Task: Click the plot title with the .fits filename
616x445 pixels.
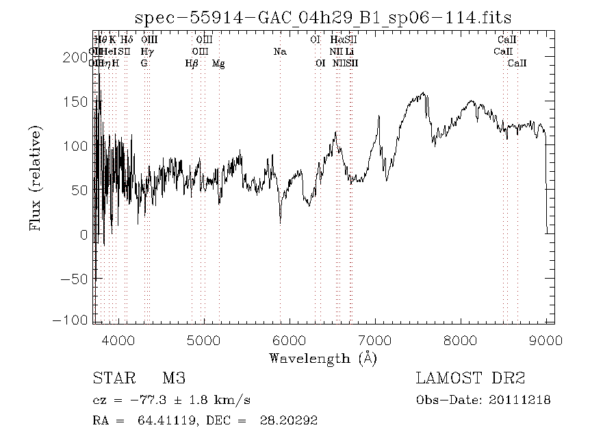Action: tap(323, 18)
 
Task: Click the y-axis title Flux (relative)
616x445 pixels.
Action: tap(36, 177)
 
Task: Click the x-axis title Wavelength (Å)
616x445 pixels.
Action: tap(323, 358)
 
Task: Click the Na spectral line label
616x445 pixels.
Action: tap(280, 51)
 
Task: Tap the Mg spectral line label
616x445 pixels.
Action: tap(218, 64)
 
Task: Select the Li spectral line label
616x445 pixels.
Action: tap(350, 51)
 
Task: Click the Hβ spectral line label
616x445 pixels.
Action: tap(192, 64)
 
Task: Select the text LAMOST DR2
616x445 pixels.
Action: tap(470, 379)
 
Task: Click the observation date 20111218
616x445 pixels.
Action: tap(521, 400)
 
